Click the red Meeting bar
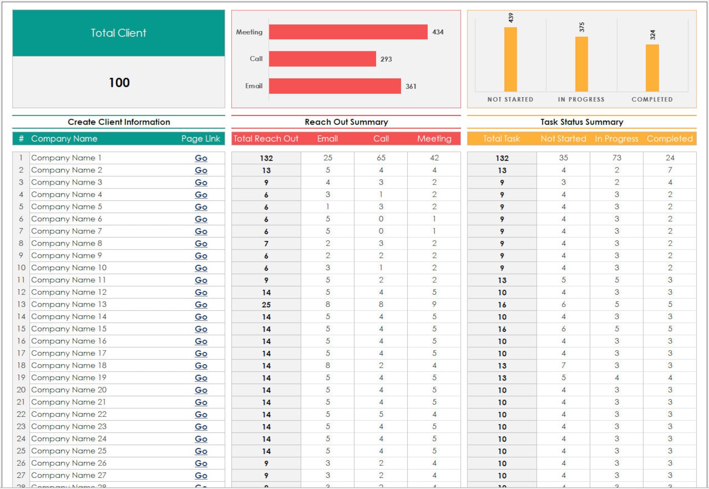click(348, 32)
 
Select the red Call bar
click(322, 59)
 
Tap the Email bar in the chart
click(334, 86)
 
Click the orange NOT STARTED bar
click(510, 59)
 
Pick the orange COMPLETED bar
click(652, 68)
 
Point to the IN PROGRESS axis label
click(581, 100)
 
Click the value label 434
click(438, 32)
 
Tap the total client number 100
click(119, 83)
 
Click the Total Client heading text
click(118, 33)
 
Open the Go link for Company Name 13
click(201, 305)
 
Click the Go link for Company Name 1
click(201, 158)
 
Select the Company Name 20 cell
click(69, 390)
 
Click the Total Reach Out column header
click(266, 139)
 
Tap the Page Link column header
click(200, 139)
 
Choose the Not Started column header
click(563, 139)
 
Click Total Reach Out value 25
click(266, 305)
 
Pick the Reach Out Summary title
click(346, 122)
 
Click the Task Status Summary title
click(581, 122)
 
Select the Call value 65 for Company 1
click(381, 158)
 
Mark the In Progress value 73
click(617, 158)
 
